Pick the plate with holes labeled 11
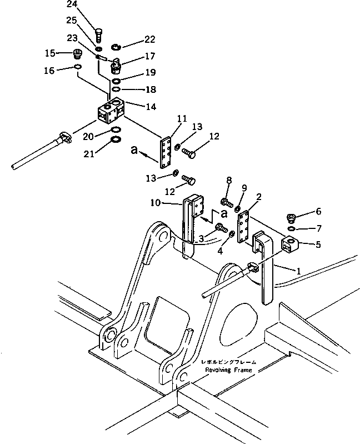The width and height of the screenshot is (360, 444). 166,153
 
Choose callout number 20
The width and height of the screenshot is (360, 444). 89,136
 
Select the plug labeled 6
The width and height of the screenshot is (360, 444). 291,218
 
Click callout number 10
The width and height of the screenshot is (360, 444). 157,204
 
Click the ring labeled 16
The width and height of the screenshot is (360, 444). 77,67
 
